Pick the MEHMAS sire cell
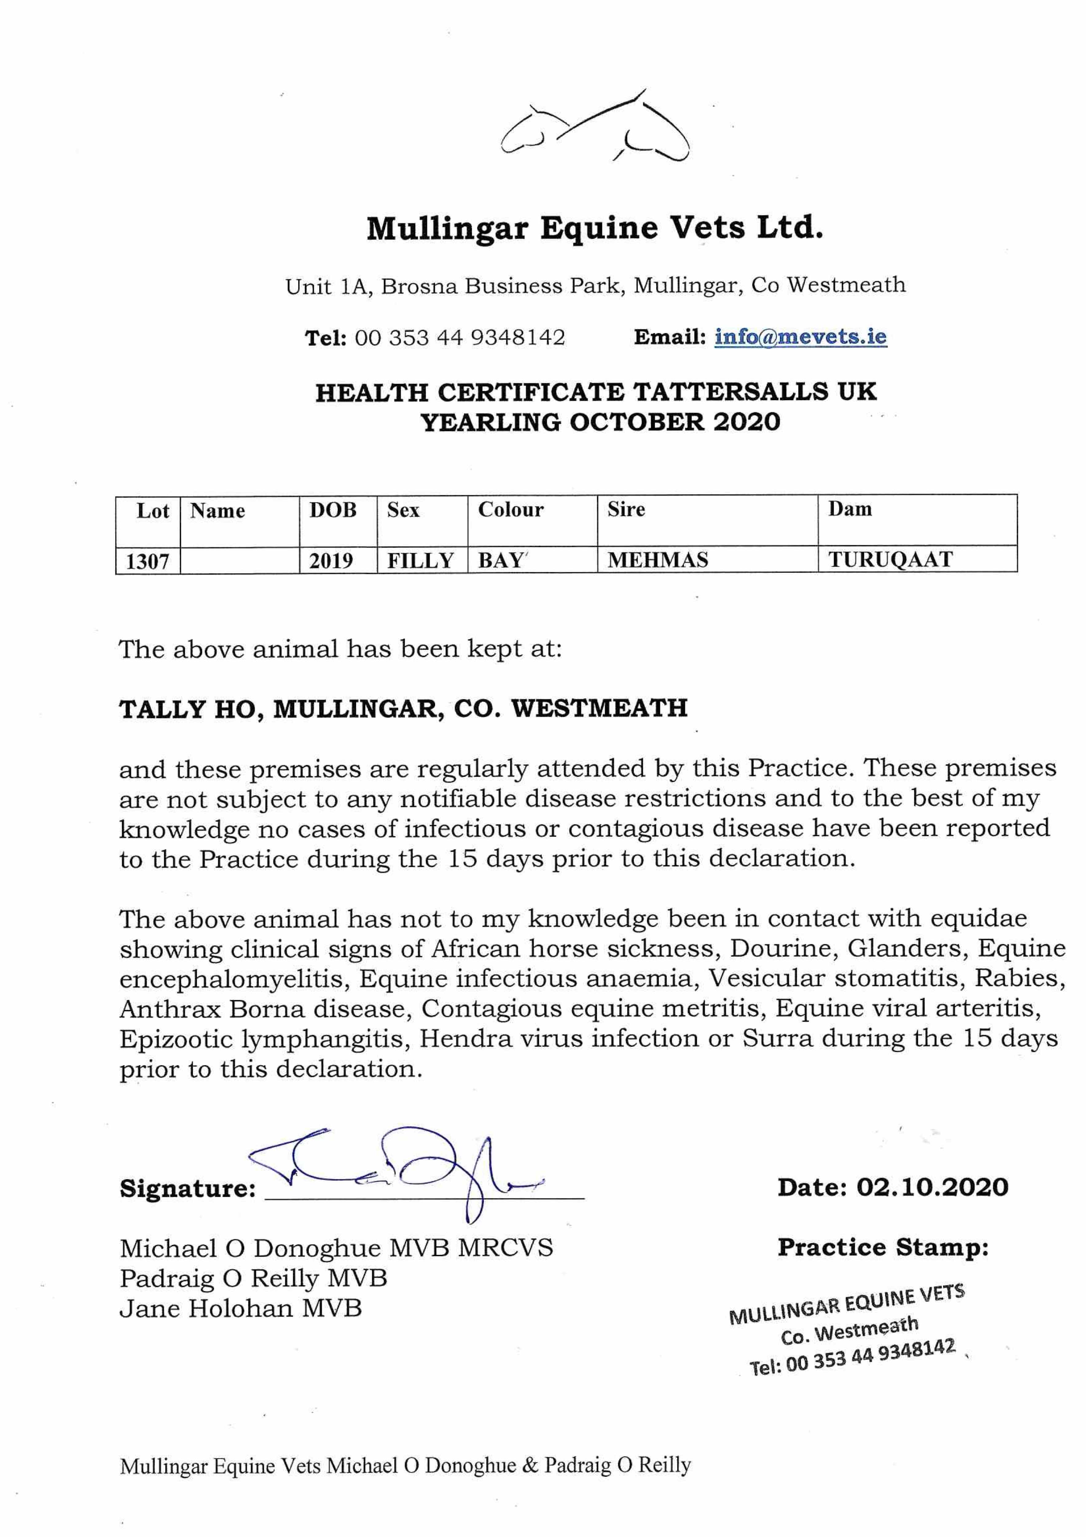pyautogui.click(x=658, y=559)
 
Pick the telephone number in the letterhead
pyautogui.click(x=460, y=337)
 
